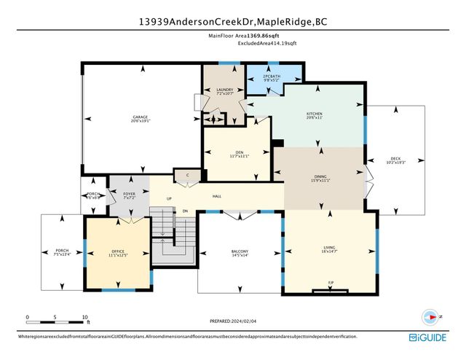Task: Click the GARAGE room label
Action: pos(140,117)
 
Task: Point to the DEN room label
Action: pos(239,152)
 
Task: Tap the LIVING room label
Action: pos(329,248)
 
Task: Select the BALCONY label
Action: pos(240,251)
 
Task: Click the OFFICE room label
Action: pos(98,252)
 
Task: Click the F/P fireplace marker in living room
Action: pos(331,283)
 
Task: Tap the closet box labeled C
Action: pos(187,175)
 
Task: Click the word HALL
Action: pos(217,195)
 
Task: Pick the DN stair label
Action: pos(185,211)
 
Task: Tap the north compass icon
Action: pos(430,317)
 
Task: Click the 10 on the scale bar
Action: pos(84,317)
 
